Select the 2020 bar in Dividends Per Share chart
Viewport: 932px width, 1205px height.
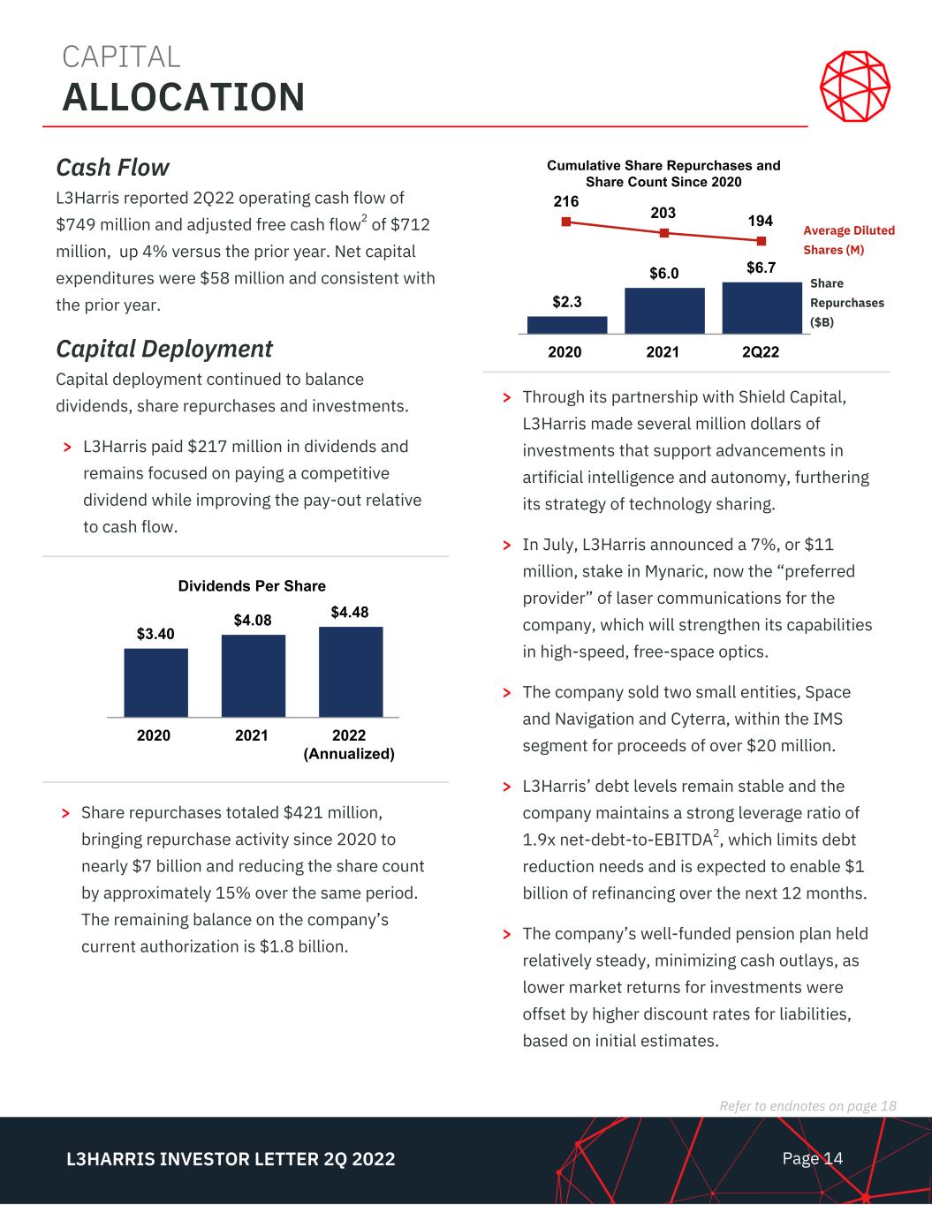(x=155, y=682)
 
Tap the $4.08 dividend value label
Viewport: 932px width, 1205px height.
(x=253, y=621)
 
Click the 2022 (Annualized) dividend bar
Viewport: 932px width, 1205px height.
(x=351, y=671)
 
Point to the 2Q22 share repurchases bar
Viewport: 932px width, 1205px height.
(x=762, y=307)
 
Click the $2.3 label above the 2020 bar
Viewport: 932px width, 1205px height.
(x=566, y=302)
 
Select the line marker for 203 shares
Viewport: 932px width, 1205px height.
(x=664, y=233)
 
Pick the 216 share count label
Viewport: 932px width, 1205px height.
(x=565, y=202)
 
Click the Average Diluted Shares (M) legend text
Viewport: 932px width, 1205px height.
(x=848, y=240)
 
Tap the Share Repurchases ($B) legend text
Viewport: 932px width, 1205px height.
(x=845, y=303)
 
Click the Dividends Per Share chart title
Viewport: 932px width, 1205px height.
(x=252, y=586)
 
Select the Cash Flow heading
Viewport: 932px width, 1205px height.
(x=112, y=167)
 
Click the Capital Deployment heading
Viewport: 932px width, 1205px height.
(x=164, y=349)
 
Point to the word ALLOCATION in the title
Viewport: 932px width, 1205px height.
(x=184, y=96)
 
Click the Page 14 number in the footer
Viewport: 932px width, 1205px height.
(x=813, y=1158)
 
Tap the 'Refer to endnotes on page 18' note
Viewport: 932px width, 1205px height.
(x=807, y=1106)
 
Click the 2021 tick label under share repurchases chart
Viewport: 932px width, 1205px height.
(x=663, y=352)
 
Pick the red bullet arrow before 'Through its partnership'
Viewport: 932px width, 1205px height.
(x=506, y=398)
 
